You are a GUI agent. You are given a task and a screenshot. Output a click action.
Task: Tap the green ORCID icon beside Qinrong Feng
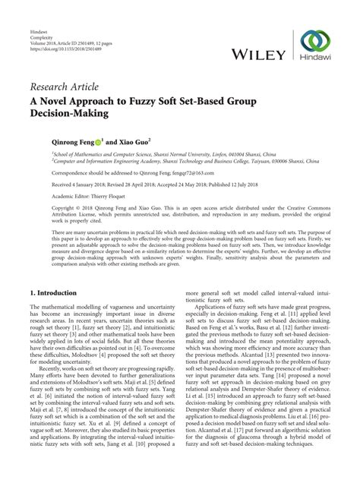click(99, 141)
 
